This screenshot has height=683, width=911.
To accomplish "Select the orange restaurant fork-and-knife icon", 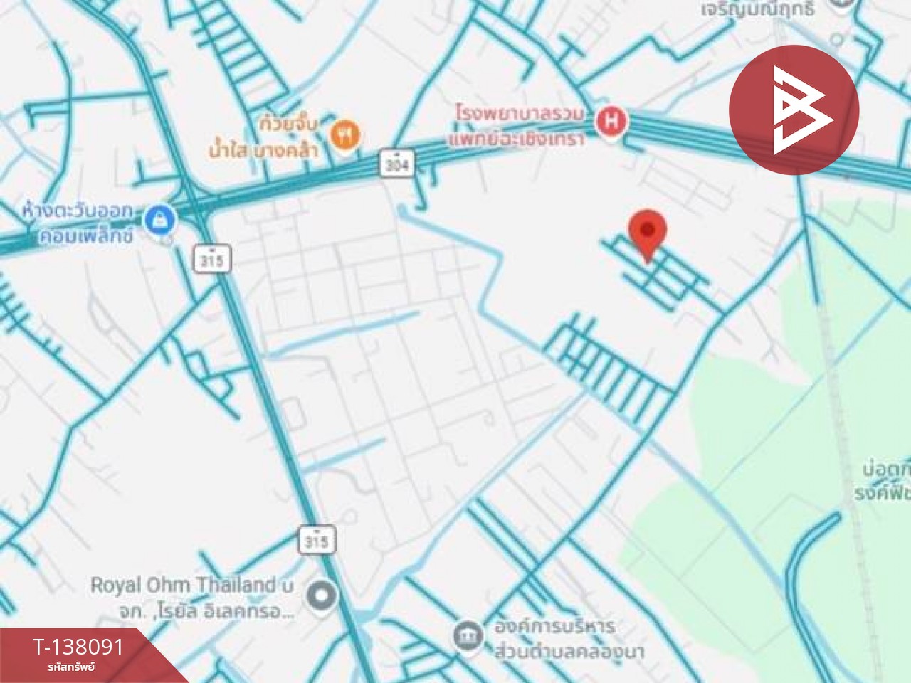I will pyautogui.click(x=345, y=134).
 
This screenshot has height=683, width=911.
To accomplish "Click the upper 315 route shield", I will pyautogui.click(x=212, y=260).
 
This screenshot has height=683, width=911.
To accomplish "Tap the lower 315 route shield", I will pyautogui.click(x=315, y=541).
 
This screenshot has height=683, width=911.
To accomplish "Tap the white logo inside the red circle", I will pyautogui.click(x=794, y=111).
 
